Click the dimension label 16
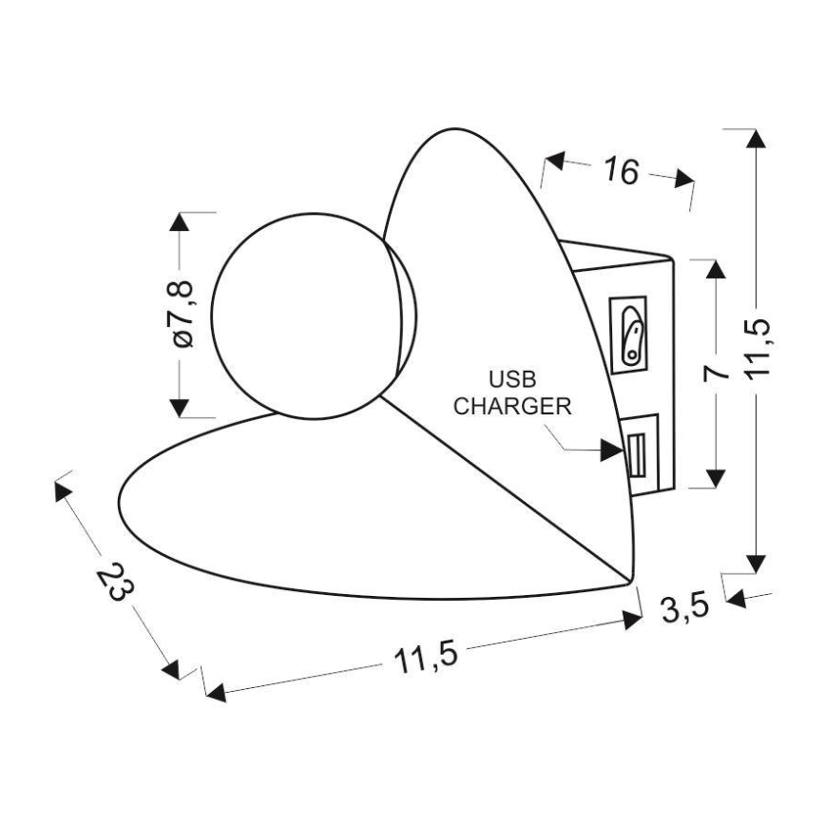click(x=622, y=170)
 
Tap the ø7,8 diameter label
click(x=182, y=315)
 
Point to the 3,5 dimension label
click(x=685, y=607)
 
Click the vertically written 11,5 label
click(x=758, y=348)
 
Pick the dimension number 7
click(x=716, y=373)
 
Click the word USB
click(x=512, y=379)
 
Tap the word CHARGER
click(x=512, y=406)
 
